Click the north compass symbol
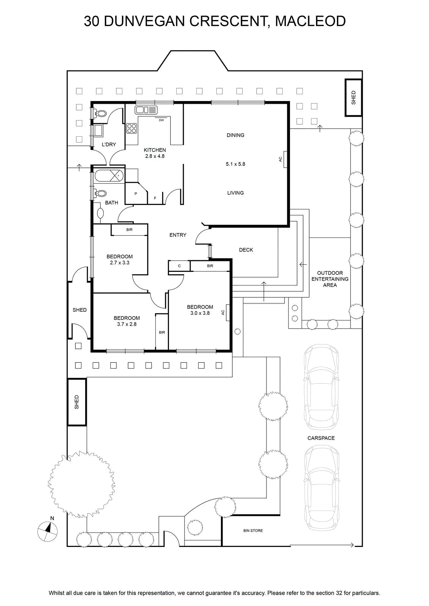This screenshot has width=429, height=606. (x=47, y=531)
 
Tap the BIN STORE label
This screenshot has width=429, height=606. (x=253, y=531)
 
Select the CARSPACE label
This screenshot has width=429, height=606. (x=321, y=438)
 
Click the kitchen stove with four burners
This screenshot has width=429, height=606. (x=132, y=128)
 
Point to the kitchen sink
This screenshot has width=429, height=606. (x=146, y=110)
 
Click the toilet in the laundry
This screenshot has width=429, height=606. (x=99, y=113)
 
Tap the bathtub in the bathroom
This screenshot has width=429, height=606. (x=109, y=176)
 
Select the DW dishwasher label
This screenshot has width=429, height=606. (x=161, y=120)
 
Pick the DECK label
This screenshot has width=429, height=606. (x=246, y=250)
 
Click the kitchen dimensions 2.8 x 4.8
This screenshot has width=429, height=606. (x=155, y=156)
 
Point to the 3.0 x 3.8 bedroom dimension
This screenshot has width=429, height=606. (x=200, y=313)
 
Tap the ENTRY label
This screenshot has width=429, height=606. (x=178, y=235)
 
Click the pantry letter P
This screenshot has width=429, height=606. (x=136, y=194)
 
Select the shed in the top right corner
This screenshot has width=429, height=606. (x=354, y=98)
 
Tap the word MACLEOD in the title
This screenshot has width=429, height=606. (x=310, y=21)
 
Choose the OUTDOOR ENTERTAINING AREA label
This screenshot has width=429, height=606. (x=330, y=279)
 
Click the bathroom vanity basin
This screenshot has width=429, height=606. (x=100, y=214)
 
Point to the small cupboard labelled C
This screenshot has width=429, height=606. (x=179, y=266)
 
